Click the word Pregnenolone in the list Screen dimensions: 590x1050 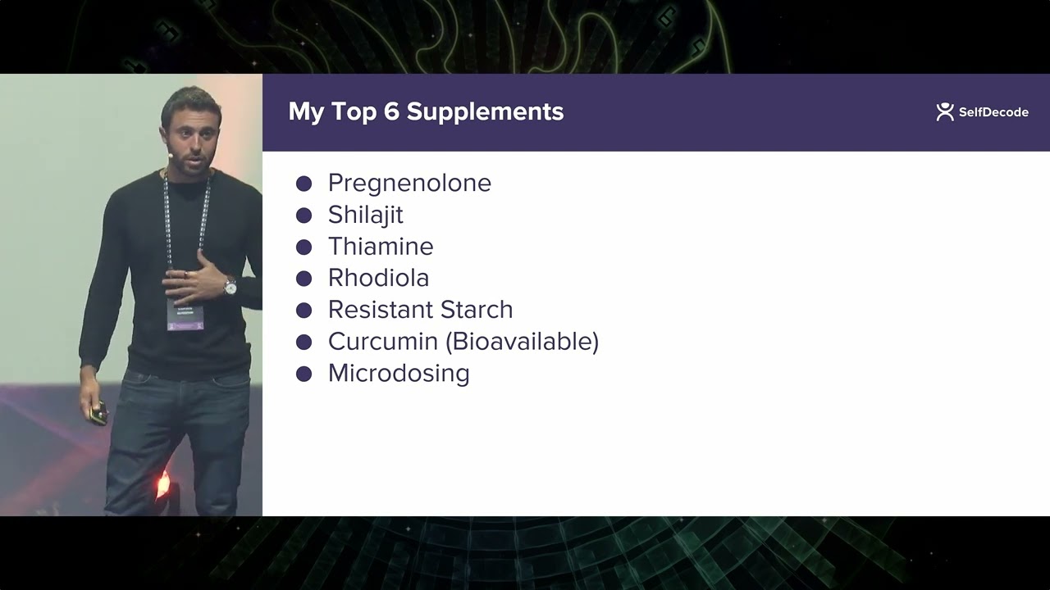point(409,183)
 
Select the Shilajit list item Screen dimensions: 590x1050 point(365,215)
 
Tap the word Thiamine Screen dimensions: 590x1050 point(381,247)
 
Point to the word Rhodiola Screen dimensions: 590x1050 point(378,278)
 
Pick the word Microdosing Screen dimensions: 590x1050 point(399,374)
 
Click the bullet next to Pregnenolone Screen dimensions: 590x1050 point(304,184)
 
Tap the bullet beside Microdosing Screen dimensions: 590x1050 point(304,374)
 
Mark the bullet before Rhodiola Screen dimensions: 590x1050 point(304,279)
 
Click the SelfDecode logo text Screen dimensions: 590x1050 point(993,112)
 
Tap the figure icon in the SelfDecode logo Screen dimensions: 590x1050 point(945,111)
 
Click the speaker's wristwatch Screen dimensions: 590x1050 point(231,286)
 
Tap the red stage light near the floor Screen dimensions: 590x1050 point(162,485)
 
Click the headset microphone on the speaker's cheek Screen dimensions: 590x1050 point(171,153)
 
